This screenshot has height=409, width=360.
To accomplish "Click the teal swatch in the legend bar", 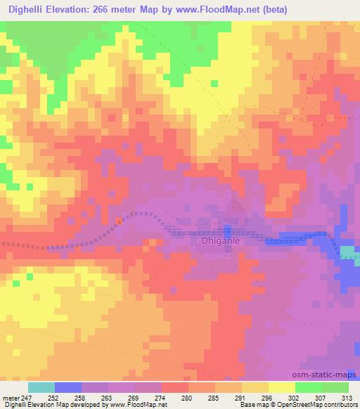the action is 41,387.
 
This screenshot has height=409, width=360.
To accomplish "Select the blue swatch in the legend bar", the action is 68,387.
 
